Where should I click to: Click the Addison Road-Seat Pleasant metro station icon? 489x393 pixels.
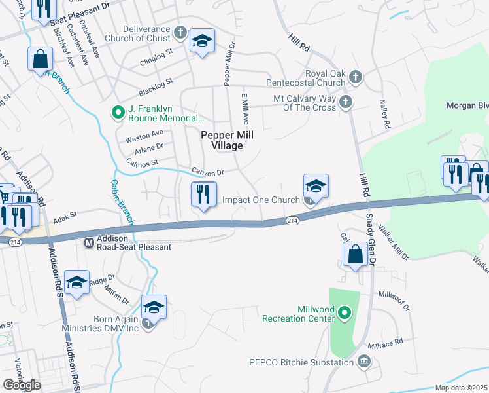pyautogui.click(x=90, y=243)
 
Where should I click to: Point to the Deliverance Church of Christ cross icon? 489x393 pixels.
pyautogui.click(x=180, y=31)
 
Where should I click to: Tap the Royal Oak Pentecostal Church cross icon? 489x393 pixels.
pyautogui.click(x=355, y=78)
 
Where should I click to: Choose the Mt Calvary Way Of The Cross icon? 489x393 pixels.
pyautogui.click(x=345, y=102)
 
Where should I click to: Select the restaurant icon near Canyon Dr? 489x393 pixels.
pyautogui.click(x=203, y=194)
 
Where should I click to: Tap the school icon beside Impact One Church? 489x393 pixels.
pyautogui.click(x=315, y=186)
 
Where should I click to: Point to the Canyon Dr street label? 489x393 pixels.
pyautogui.click(x=208, y=172)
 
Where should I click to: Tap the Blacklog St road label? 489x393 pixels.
pyautogui.click(x=155, y=85)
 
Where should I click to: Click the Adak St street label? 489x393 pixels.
pyautogui.click(x=65, y=214)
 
